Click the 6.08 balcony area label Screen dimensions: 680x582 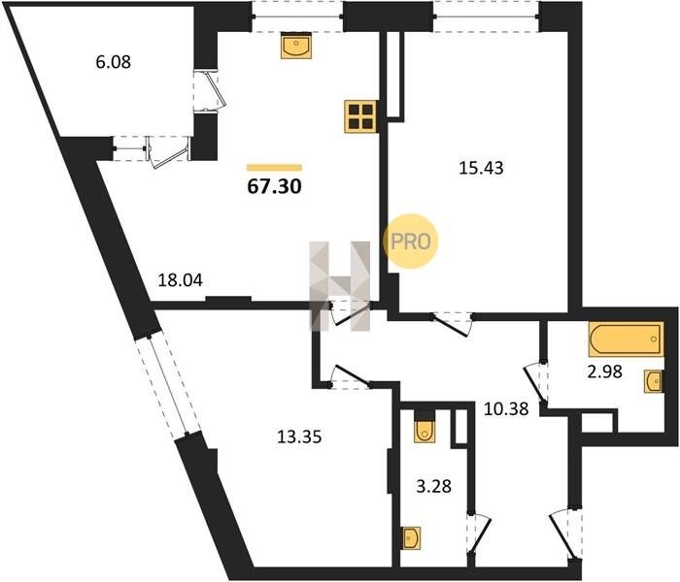[114, 62]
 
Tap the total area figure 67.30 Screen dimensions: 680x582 [274, 186]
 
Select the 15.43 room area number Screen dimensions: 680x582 [481, 168]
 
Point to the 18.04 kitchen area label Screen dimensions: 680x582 [180, 280]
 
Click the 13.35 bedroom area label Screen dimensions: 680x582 [299, 436]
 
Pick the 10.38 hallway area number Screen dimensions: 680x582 [506, 408]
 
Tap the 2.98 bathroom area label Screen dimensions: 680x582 [604, 372]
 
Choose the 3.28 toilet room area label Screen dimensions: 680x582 [433, 486]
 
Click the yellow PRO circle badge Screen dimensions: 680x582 [411, 242]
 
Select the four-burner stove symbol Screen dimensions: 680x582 [360, 116]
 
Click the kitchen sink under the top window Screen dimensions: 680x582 [295, 46]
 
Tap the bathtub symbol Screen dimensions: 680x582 [626, 339]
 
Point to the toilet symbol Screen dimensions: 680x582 [425, 432]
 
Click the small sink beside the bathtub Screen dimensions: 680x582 [654, 381]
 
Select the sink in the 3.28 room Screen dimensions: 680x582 [411, 538]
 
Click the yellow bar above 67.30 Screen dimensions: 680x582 [274, 168]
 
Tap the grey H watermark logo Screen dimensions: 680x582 [340, 286]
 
